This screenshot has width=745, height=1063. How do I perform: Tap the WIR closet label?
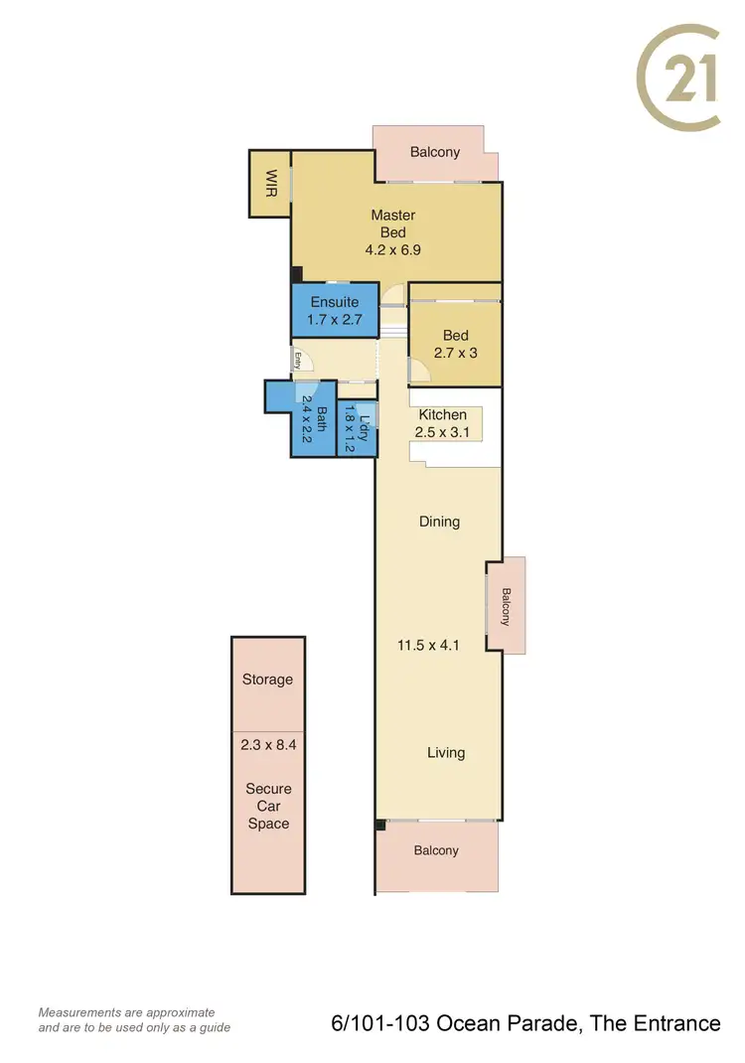tap(270, 183)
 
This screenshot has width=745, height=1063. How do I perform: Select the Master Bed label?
tap(393, 224)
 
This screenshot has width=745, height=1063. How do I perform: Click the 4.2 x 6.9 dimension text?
tap(393, 250)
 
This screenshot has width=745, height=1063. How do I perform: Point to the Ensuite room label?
tap(335, 302)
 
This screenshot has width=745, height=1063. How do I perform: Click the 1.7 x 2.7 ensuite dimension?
tap(335, 320)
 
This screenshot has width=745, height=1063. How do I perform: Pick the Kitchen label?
tap(442, 414)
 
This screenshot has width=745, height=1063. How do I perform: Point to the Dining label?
tap(439, 522)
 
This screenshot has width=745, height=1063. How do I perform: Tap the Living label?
tap(446, 752)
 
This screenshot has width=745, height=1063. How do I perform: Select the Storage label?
tap(267, 680)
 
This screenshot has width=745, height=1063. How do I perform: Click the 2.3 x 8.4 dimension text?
tap(267, 742)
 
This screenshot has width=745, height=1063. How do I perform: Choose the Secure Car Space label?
tap(268, 806)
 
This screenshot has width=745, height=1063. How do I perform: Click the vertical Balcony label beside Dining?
tap(506, 607)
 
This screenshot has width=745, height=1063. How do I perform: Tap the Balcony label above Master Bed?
tap(435, 152)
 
